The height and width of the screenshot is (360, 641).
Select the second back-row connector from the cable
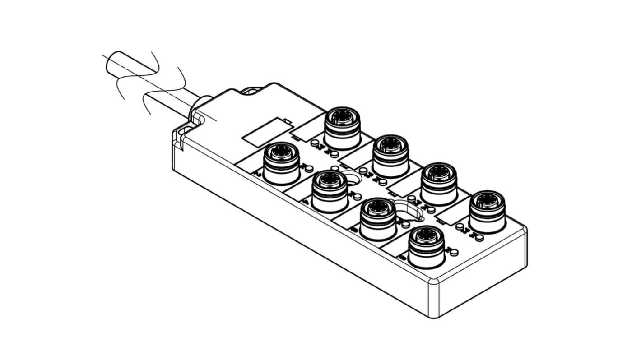point(391,154)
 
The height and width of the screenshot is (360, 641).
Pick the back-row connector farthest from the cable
point(487,210)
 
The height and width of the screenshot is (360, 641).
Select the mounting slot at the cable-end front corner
point(180,136)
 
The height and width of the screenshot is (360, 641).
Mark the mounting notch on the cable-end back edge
point(251,91)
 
